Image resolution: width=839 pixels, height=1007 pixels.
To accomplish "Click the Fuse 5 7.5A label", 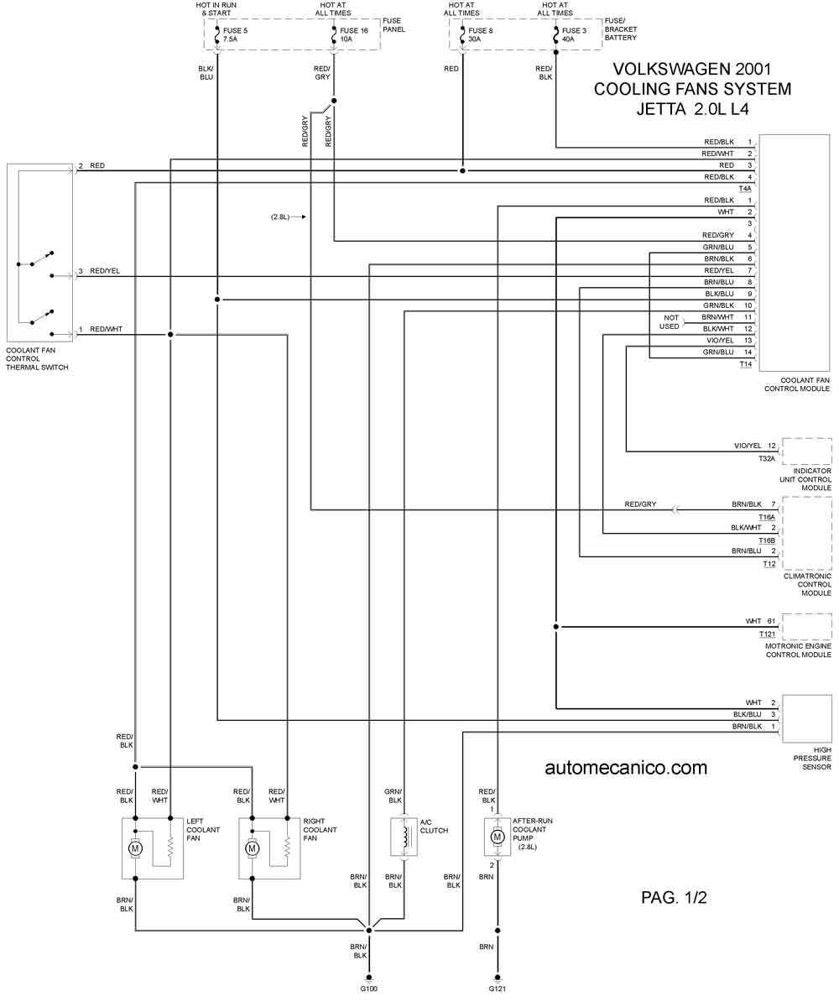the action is click(235, 34).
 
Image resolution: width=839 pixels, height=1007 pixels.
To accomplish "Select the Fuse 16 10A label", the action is click(353, 34).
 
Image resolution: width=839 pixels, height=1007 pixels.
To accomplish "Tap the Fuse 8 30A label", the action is click(480, 34).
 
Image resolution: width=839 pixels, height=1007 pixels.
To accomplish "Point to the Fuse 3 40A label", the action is click(574, 34).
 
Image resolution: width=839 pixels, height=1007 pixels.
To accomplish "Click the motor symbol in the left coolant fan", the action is click(135, 862).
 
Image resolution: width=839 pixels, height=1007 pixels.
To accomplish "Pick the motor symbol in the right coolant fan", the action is click(252, 862).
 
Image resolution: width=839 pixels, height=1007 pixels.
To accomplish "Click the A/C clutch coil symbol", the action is click(405, 850).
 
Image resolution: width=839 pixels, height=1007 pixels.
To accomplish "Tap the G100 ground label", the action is click(369, 989).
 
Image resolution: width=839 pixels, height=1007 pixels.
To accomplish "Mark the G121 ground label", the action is click(498, 989).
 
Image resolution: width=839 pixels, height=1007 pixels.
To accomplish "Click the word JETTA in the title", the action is click(661, 109).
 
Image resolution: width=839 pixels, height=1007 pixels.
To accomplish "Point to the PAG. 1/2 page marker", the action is click(674, 898).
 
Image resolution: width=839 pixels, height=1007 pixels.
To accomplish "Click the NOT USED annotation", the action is click(670, 322).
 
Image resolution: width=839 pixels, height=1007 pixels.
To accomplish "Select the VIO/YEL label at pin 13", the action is click(720, 341).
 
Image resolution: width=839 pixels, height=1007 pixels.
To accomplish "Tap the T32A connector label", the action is click(767, 459).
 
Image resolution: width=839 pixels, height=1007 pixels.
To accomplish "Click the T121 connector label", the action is click(767, 634).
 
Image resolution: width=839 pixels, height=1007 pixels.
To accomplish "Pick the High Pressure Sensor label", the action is click(812, 758).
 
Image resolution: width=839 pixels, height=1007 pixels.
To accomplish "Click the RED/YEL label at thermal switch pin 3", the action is click(105, 271).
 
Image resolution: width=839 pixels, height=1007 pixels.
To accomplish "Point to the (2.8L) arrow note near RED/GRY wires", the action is click(288, 217).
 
